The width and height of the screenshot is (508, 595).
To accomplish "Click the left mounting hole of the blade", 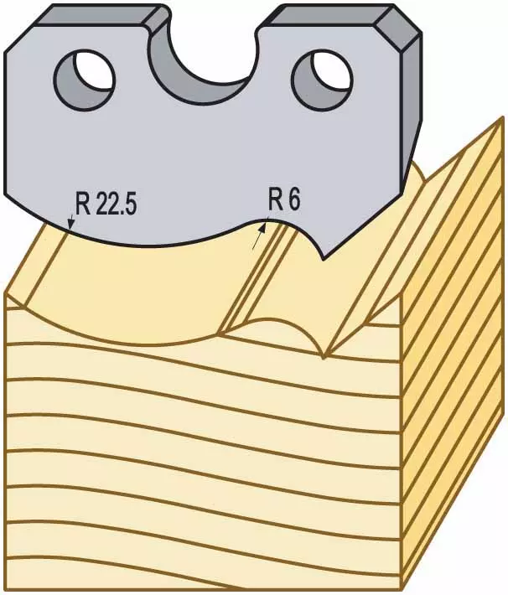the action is [x=85, y=79].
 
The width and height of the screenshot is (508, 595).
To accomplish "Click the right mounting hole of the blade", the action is [x=323, y=80].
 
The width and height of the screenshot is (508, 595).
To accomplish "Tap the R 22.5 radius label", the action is [x=106, y=204].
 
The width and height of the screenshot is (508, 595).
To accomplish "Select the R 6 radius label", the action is [x=284, y=199].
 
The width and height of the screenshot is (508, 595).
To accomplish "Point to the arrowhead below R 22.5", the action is [x=70, y=225].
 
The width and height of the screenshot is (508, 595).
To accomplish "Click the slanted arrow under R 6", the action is [x=259, y=236].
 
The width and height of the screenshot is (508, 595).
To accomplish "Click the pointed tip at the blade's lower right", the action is [x=323, y=258].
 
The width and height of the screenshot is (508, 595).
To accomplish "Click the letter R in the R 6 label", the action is [x=274, y=200].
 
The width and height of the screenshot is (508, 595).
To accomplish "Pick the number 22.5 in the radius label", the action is [x=116, y=204].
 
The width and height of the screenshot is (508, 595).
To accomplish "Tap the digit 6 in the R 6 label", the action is [x=293, y=199].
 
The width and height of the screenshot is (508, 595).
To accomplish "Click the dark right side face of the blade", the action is [x=411, y=114].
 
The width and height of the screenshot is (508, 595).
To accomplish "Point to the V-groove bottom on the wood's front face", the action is [x=323, y=357].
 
